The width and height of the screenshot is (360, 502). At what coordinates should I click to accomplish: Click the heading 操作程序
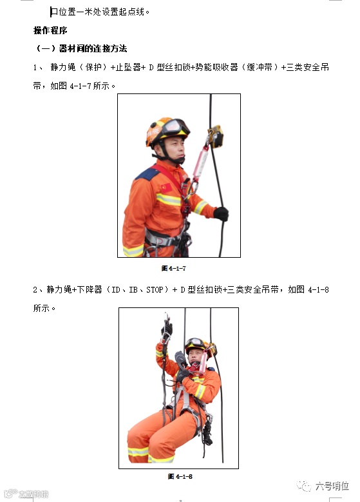(50, 30)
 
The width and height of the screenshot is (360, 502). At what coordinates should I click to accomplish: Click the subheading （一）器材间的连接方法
(81, 49)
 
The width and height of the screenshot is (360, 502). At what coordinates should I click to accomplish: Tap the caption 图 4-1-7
(173, 268)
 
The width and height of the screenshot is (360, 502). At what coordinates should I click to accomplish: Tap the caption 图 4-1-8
(180, 476)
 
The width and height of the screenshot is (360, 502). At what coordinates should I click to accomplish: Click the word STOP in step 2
(155, 290)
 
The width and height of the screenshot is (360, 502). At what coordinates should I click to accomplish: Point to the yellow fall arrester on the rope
(216, 136)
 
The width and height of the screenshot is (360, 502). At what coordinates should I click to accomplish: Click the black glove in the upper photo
(221, 213)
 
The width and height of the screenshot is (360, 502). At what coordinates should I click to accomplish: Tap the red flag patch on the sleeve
(166, 188)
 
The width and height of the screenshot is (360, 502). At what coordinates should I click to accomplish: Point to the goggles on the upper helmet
(175, 127)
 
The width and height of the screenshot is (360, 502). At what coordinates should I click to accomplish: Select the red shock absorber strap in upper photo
(201, 164)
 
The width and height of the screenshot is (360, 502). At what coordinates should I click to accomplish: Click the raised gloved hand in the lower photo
(167, 328)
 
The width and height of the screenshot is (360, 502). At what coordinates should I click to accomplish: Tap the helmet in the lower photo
(198, 346)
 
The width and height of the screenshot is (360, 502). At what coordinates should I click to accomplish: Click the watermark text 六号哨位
(332, 486)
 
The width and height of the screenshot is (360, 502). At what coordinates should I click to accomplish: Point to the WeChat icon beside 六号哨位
(304, 486)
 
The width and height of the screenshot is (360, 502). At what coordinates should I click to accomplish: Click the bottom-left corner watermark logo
(26, 494)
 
